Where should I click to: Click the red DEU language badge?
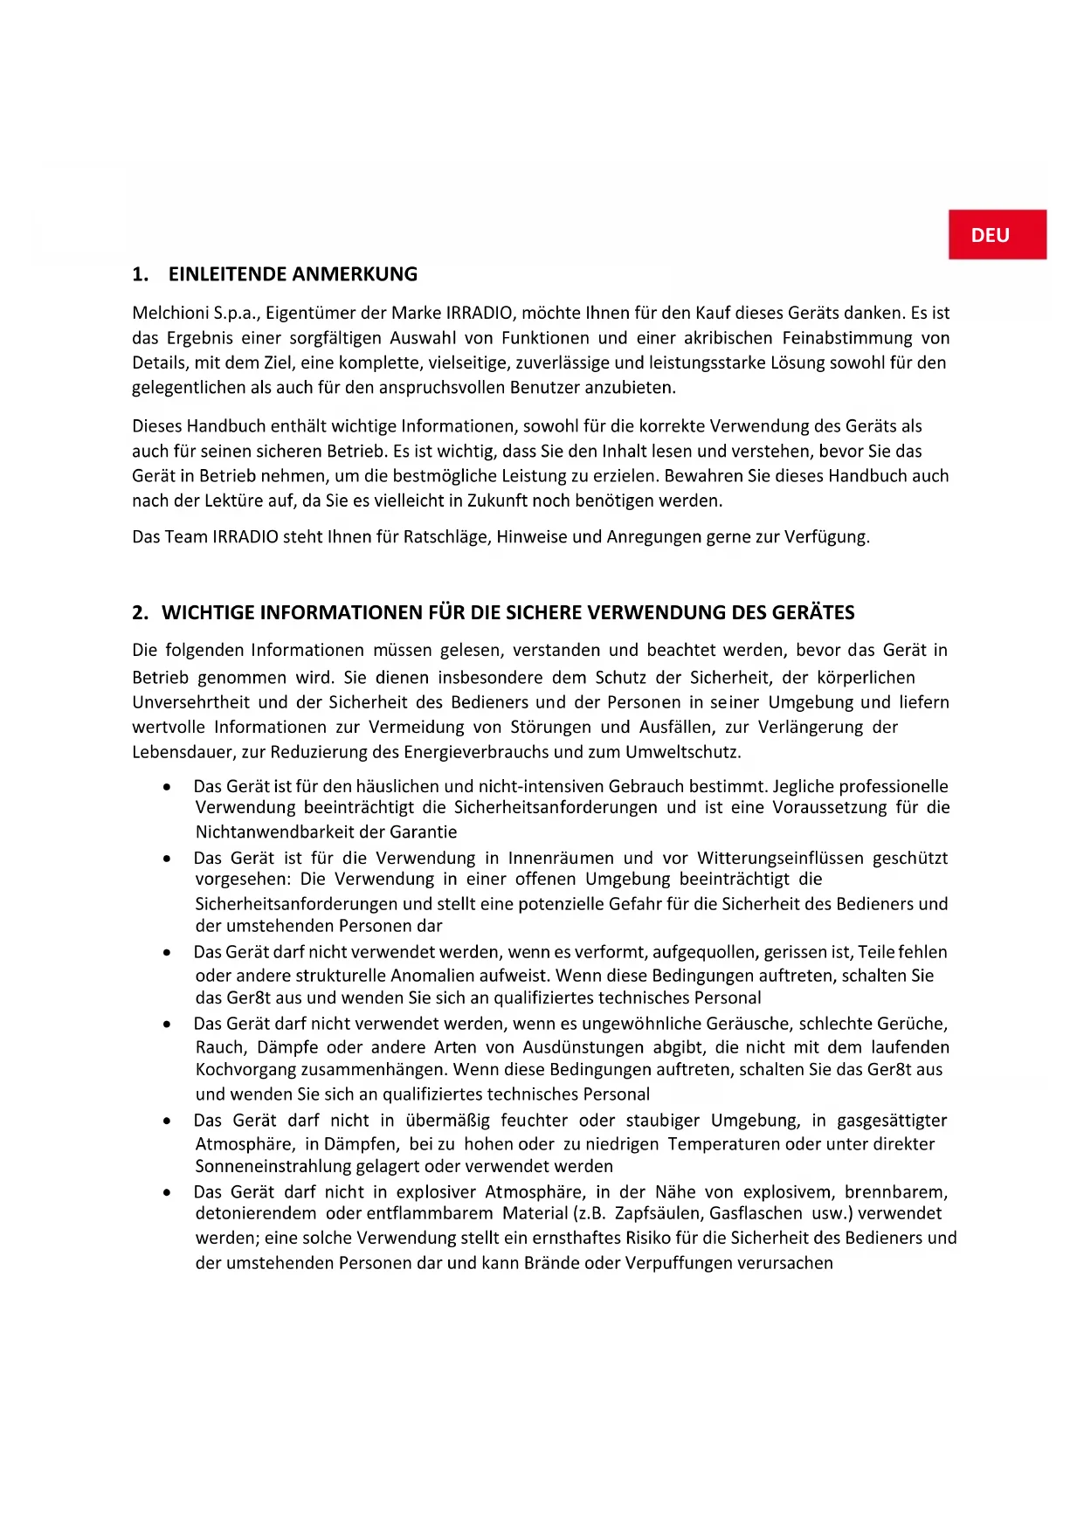point(997,235)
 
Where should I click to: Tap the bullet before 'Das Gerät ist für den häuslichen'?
point(167,787)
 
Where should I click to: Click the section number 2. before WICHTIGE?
point(140,612)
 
